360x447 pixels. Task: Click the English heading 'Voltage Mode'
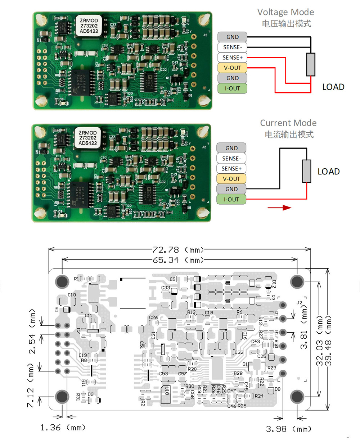pos(285,12)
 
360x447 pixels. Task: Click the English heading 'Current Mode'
pos(288,123)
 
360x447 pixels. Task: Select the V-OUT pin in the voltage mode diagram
pos(232,68)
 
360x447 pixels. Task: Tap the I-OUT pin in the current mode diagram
pos(231,199)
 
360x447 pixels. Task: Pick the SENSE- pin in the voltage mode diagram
pos(232,47)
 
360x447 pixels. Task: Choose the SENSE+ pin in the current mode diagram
pos(231,169)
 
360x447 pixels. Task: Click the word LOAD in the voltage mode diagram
pos(333,87)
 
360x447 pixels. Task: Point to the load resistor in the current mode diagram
pos(306,171)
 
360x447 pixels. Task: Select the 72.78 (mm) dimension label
pos(178,250)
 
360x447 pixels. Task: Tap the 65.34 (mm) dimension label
pos(178,260)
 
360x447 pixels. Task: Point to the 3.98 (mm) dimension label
pos(288,429)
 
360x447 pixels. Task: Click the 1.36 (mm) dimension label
pos(63,428)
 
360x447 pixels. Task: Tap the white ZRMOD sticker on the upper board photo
pos(89,26)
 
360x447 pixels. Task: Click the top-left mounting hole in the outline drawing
pos(62,281)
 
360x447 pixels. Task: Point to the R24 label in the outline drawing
pos(259,396)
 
